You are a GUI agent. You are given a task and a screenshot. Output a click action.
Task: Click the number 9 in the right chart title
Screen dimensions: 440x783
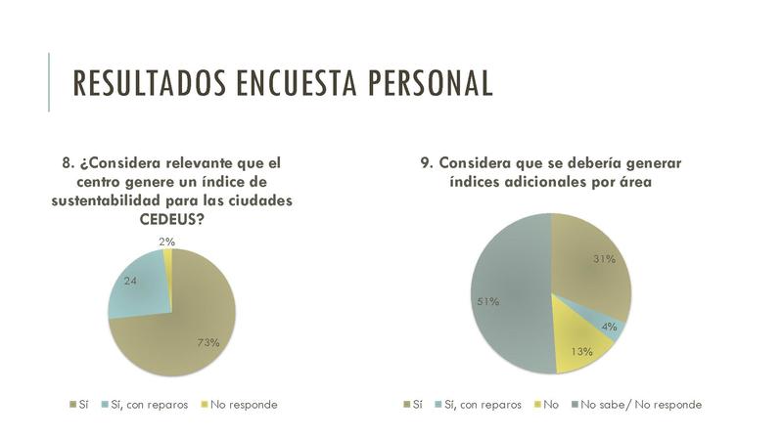(x=427, y=162)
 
